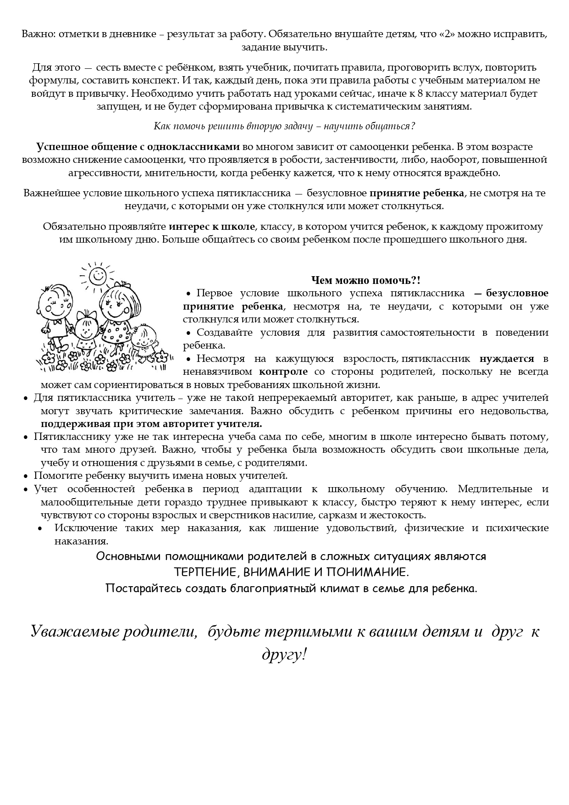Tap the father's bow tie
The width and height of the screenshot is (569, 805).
[x=58, y=322]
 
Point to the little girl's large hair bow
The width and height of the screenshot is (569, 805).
[x=84, y=315]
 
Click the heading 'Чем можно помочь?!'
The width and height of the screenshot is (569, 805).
[x=365, y=280]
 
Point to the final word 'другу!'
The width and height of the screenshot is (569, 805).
[x=284, y=654]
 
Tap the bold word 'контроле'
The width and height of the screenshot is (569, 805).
[x=283, y=371]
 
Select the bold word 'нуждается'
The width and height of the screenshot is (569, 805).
[x=507, y=358]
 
